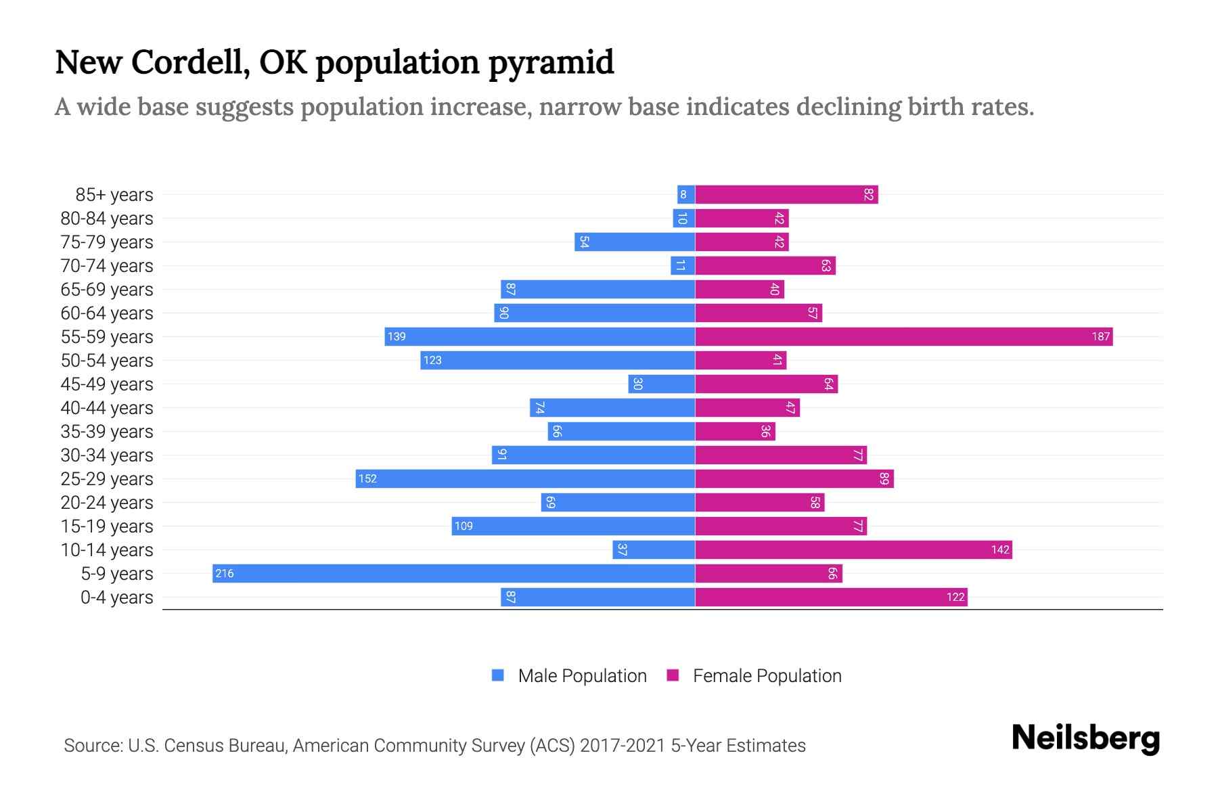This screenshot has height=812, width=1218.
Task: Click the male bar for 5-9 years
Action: pyautogui.click(x=453, y=573)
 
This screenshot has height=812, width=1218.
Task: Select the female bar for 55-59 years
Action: pyautogui.click(x=903, y=336)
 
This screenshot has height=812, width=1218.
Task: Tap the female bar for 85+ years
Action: pyautogui.click(x=786, y=194)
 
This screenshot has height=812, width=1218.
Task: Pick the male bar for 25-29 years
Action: pyautogui.click(x=525, y=478)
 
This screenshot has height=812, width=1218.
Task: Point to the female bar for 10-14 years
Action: pyautogui.click(x=853, y=549)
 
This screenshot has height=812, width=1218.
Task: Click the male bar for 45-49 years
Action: pyautogui.click(x=661, y=384)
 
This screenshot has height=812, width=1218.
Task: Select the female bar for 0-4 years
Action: pyautogui.click(x=831, y=597)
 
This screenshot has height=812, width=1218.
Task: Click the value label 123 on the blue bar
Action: pyautogui.click(x=432, y=360)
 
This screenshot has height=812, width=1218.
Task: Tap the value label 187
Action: pyautogui.click(x=1100, y=336)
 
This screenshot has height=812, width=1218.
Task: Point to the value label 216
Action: pyautogui.click(x=224, y=573)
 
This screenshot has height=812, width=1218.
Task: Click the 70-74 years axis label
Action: pyautogui.click(x=107, y=265)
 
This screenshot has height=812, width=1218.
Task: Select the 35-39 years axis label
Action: pyautogui.click(x=107, y=431)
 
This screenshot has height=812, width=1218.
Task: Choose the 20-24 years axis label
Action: pyautogui.click(x=107, y=502)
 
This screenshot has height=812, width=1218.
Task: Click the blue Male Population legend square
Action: pyautogui.click(x=498, y=675)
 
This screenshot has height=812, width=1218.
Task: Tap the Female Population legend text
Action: pyautogui.click(x=767, y=675)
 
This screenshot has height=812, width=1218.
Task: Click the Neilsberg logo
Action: pyautogui.click(x=1085, y=738)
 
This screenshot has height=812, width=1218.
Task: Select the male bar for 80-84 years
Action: pyautogui.click(x=683, y=218)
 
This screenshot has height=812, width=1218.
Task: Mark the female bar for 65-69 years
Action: pyautogui.click(x=740, y=289)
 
